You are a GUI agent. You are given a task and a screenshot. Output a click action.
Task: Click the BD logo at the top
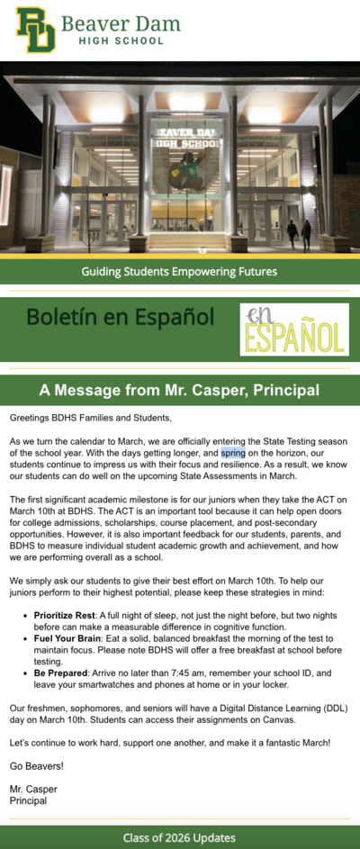[x=35, y=30]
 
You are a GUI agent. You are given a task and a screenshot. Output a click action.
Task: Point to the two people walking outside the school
[x=299, y=233]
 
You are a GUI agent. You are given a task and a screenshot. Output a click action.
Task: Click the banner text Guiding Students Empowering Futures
[x=179, y=271]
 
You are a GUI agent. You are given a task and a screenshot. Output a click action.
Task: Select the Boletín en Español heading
[x=120, y=317]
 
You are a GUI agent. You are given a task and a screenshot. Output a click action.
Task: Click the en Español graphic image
[x=294, y=329]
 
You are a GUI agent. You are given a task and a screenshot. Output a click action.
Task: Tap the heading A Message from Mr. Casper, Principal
[x=179, y=390]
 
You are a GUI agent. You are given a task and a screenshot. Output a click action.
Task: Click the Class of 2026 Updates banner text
[x=179, y=838]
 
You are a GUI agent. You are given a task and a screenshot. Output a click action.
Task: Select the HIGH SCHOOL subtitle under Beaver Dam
[x=121, y=41]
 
